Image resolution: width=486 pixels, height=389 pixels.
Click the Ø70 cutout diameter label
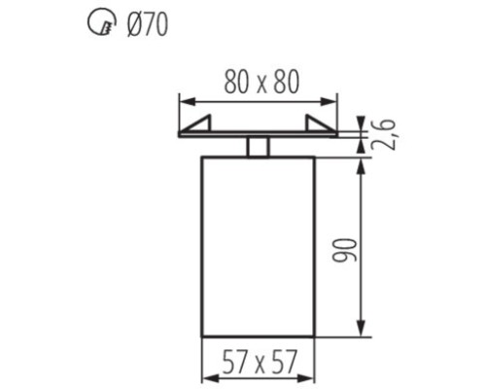(x=148, y=24)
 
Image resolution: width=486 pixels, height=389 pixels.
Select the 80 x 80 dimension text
(x=261, y=82)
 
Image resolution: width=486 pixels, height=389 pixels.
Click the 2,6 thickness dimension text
(x=384, y=134)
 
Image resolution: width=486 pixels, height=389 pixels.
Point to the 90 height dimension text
(x=344, y=250)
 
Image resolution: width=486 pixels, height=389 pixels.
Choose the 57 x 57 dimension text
(x=260, y=362)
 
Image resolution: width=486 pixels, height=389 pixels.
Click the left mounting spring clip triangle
(x=198, y=124)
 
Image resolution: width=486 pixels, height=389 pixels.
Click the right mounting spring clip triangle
(x=318, y=124)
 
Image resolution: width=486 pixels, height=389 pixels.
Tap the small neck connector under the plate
(x=258, y=147)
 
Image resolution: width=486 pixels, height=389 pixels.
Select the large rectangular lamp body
(x=258, y=247)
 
